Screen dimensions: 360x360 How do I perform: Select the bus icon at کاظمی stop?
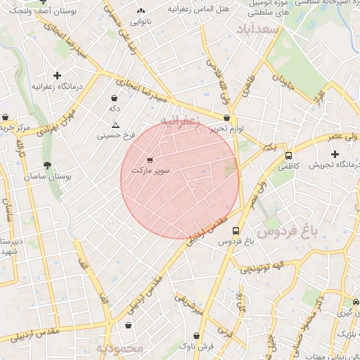click(288, 155)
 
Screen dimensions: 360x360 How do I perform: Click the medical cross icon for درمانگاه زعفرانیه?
click(57, 75)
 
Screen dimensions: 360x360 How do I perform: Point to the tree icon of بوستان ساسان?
click(47, 166)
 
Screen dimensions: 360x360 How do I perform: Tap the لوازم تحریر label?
click(225, 129)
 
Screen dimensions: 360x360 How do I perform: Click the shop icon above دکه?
click(115, 98)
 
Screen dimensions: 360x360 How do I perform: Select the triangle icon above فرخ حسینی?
click(115, 124)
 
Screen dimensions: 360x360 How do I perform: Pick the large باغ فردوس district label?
click(288, 231)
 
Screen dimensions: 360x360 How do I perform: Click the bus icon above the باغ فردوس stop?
click(235, 230)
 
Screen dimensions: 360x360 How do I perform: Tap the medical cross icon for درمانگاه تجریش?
click(335, 154)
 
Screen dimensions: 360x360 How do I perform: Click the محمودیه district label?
click(119, 349)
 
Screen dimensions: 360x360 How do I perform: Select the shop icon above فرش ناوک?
click(196, 336)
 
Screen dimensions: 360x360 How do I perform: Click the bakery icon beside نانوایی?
click(140, 11)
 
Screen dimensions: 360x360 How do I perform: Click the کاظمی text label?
click(288, 167)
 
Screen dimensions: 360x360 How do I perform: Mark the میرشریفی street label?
click(190, 304)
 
